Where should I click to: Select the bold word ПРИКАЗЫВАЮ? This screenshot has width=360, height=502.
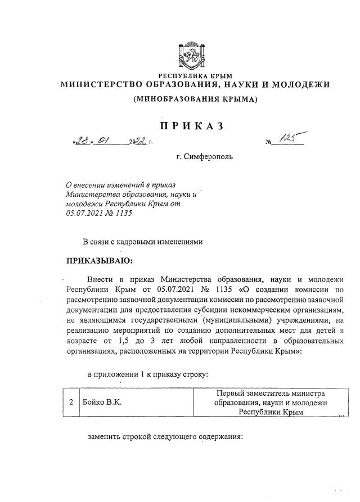tap(100, 261)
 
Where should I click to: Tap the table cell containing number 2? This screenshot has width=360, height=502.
tap(70, 402)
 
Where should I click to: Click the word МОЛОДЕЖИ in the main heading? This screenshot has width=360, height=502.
tap(300, 85)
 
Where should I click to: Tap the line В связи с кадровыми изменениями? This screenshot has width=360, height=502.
tap(142, 242)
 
